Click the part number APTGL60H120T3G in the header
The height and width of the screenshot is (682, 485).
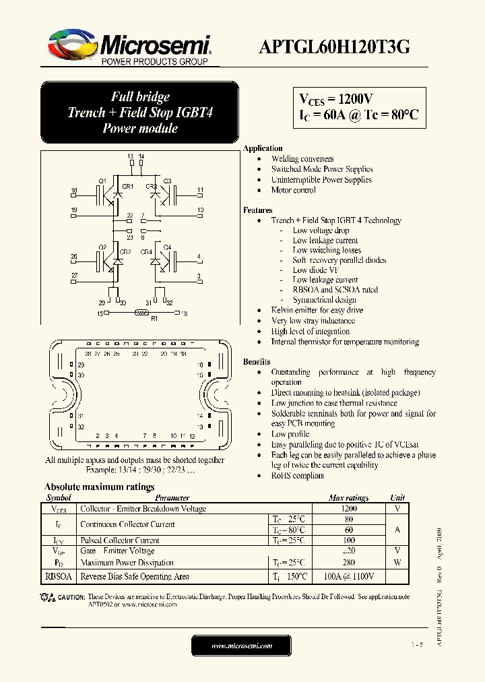[335, 46]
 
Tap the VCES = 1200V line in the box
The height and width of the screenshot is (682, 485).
[335, 99]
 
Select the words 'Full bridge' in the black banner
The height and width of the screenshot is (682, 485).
[140, 96]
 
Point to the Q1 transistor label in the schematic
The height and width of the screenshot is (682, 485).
[102, 181]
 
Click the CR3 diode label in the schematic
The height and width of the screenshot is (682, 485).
[151, 186]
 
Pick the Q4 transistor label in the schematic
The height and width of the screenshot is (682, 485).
[167, 247]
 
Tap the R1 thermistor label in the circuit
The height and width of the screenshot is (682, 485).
[154, 319]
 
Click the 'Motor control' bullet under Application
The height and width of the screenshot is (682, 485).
[293, 190]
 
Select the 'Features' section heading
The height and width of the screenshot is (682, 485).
[257, 210]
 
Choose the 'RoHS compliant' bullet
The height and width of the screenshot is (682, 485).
[297, 475]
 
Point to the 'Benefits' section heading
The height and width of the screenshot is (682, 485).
[257, 362]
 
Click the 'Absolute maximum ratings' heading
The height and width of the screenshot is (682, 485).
[99, 487]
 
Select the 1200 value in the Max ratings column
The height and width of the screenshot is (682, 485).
[348, 509]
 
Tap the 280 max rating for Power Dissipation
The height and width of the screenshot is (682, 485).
[348, 562]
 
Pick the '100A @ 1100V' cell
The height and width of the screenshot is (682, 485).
[348, 576]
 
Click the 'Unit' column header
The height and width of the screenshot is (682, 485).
[397, 498]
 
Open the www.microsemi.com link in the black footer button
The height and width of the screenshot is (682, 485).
[242, 646]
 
